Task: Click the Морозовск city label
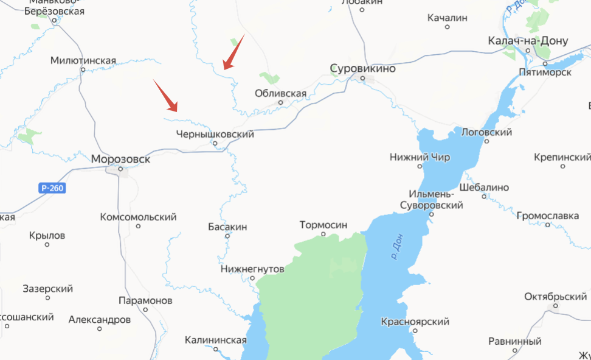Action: coord(120,159)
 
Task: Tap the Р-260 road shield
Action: coord(52,188)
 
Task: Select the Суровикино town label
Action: coord(362,68)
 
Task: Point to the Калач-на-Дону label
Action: coord(528,41)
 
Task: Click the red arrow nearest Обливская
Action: coord(233,52)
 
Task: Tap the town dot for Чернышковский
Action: coord(215,144)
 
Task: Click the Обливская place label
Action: coord(280,93)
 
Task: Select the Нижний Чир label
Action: coord(420,157)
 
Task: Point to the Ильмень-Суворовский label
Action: coord(431,200)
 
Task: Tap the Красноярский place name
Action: coord(415,322)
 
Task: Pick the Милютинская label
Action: coord(83,60)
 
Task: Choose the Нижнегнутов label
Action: coord(252,268)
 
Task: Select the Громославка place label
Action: coord(548,215)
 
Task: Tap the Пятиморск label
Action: coord(545,72)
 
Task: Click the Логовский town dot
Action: coord(487,141)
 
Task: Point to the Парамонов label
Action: coord(145,300)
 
